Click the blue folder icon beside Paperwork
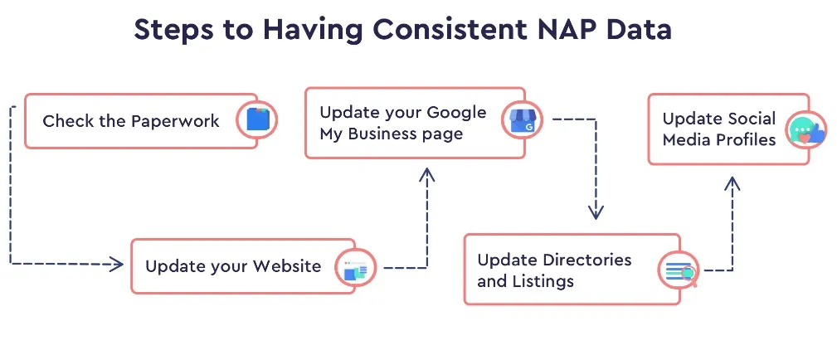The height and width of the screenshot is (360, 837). [257, 120]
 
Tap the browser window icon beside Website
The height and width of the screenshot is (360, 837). [355, 269]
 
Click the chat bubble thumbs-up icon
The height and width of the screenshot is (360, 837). [805, 131]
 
